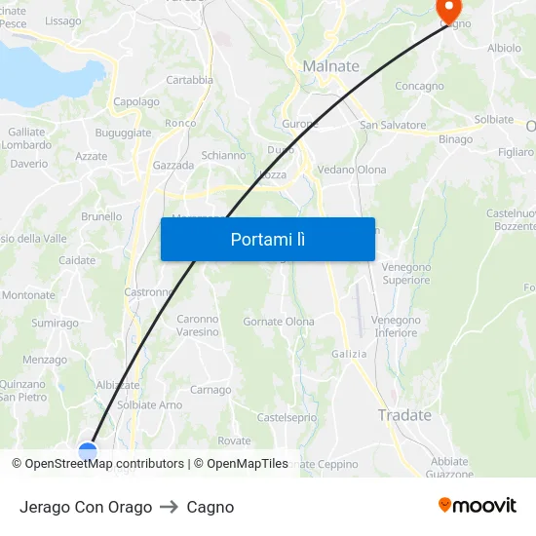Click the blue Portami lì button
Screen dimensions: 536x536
267,239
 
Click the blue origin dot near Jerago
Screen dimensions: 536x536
88,451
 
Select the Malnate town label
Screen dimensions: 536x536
331,66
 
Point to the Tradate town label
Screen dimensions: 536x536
404,415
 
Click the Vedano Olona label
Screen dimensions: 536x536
352,170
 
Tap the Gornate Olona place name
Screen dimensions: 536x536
279,322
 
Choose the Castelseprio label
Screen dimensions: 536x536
287,417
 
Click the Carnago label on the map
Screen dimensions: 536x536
211,390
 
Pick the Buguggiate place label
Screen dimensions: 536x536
124,133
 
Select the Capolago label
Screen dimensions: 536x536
136,101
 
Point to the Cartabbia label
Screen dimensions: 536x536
189,80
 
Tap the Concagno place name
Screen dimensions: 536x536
419,86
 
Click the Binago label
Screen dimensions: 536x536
455,139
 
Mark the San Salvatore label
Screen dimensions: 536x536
393,125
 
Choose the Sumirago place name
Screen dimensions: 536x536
55,323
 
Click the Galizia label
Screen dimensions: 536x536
349,354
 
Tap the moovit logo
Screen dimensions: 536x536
478,506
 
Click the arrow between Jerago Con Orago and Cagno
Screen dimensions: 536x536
170,507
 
